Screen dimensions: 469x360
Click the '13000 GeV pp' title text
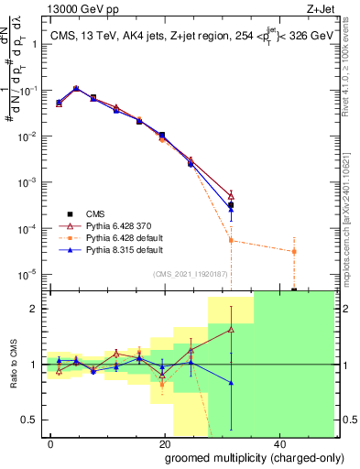click(82, 8)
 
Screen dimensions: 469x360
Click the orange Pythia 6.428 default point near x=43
click(294, 251)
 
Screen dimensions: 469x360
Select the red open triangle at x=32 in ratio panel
click(231, 329)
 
